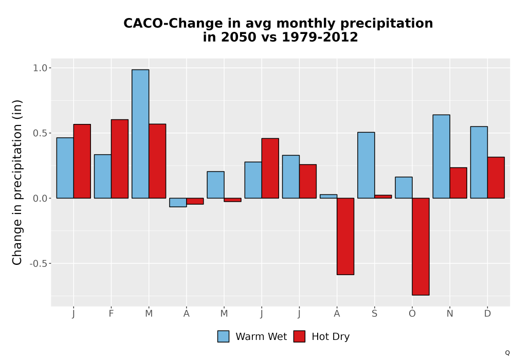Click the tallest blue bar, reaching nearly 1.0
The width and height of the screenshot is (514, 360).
coord(140,134)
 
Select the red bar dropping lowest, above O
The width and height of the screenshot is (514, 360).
coord(420,246)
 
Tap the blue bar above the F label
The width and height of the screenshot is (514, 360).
coord(103,176)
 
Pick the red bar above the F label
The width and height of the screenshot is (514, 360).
coord(120,159)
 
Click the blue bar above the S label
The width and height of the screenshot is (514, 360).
coord(366,165)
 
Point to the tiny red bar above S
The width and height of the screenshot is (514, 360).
coord(383,197)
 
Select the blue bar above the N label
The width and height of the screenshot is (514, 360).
coord(441,156)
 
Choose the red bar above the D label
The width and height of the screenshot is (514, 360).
coord(495,178)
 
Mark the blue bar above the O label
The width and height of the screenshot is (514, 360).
coord(403,188)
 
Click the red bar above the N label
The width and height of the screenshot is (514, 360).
coord(458,183)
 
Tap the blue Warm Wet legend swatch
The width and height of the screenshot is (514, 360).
coord(223,336)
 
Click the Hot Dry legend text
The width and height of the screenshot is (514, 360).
coord(331,337)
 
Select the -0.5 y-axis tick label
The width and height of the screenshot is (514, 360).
coord(39,264)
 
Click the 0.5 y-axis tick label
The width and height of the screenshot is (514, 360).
coord(40,133)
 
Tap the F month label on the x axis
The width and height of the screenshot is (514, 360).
coord(111,314)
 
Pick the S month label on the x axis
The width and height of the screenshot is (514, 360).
coord(374,314)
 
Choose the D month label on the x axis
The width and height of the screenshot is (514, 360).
coord(487,314)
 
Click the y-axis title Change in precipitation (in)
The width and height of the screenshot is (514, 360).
coord(17,182)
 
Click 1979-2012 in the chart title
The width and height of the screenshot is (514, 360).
coord(320,37)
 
